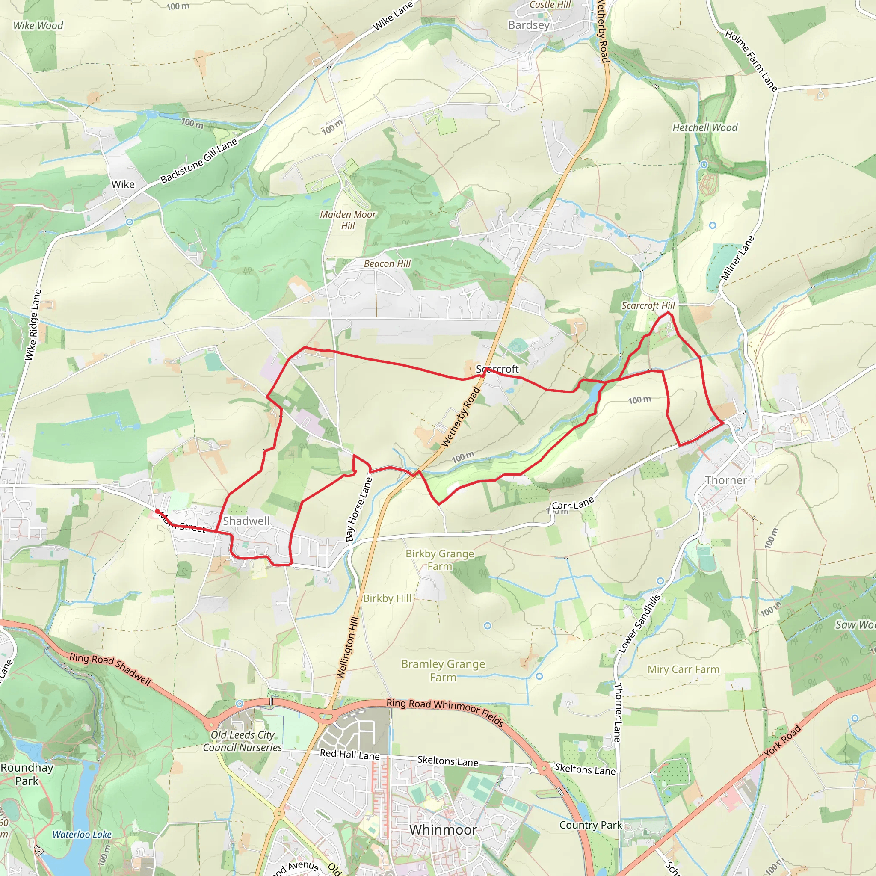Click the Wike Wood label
(x=38, y=25)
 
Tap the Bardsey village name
(x=529, y=25)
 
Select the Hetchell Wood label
(x=704, y=128)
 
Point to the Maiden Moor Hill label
(x=348, y=220)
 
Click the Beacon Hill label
(x=387, y=263)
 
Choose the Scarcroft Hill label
(x=648, y=305)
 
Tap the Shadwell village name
(x=246, y=521)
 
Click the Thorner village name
(x=725, y=480)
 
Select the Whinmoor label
(x=443, y=829)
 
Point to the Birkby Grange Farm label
(x=439, y=559)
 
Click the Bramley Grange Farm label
(x=443, y=670)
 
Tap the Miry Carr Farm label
(x=683, y=669)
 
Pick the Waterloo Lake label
(x=82, y=834)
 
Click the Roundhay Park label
(x=27, y=774)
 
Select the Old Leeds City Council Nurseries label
(x=242, y=741)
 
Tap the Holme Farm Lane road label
(x=751, y=60)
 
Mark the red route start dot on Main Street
(x=157, y=511)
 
